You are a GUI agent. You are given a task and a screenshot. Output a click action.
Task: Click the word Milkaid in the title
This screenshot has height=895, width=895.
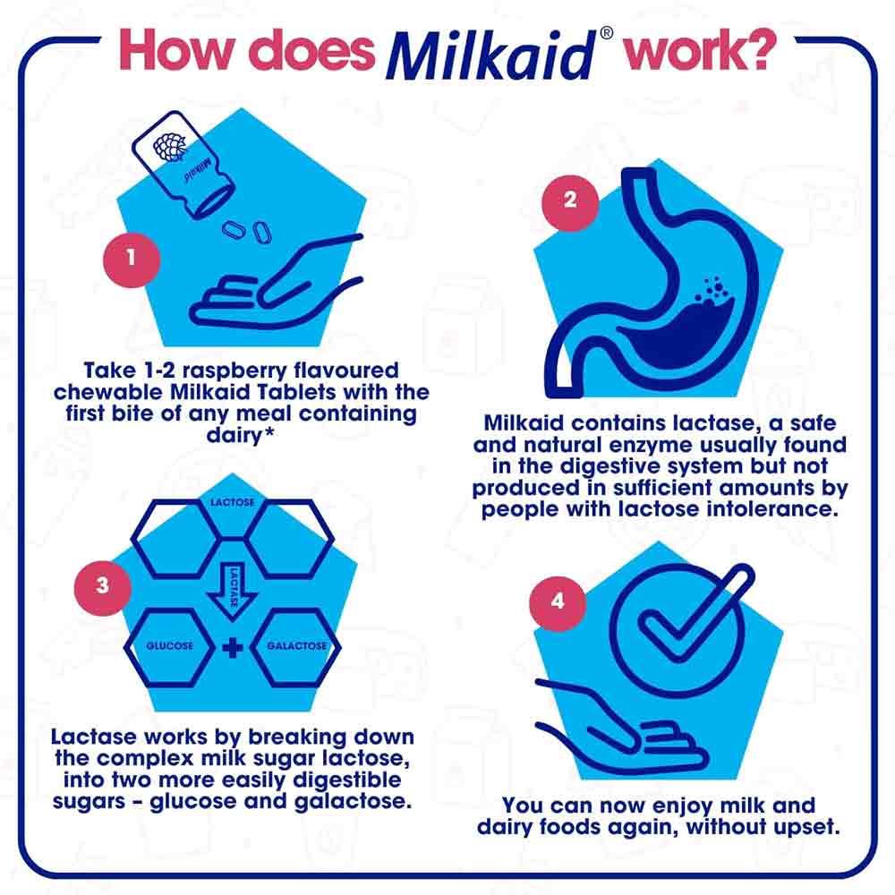490,55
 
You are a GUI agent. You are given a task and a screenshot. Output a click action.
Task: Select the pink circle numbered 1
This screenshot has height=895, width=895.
132,259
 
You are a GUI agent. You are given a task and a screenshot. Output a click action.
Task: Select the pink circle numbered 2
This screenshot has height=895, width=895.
570,200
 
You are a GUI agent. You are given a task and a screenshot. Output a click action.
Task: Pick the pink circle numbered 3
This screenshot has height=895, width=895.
103,586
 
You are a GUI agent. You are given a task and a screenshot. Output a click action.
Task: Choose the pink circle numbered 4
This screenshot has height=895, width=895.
558,601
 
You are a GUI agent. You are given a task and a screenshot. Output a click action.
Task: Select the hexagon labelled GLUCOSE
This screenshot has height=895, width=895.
170,646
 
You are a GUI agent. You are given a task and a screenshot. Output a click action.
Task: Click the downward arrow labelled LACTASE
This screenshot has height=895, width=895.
232,586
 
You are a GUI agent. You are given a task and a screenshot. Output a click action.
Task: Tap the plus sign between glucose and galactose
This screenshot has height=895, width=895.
232,647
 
